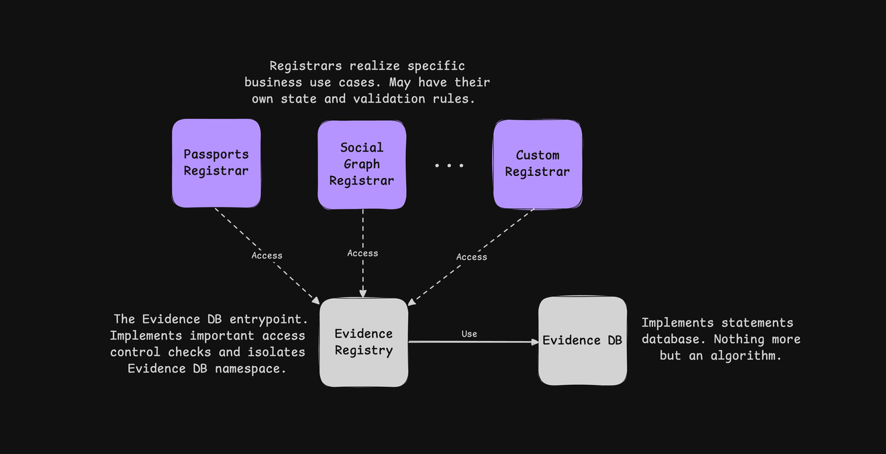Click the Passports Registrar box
(x=216, y=163)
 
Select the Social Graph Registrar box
(x=362, y=165)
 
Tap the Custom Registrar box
(x=538, y=164)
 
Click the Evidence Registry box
(x=364, y=343)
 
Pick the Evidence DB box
(x=583, y=340)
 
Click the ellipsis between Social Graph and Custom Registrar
(x=449, y=165)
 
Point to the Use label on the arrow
(x=469, y=334)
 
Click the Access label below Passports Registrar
(x=267, y=256)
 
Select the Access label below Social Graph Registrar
(x=362, y=253)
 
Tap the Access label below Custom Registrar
(x=472, y=257)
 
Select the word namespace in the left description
(x=250, y=369)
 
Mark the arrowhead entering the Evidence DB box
(x=535, y=342)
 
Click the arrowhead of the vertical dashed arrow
(x=363, y=293)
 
